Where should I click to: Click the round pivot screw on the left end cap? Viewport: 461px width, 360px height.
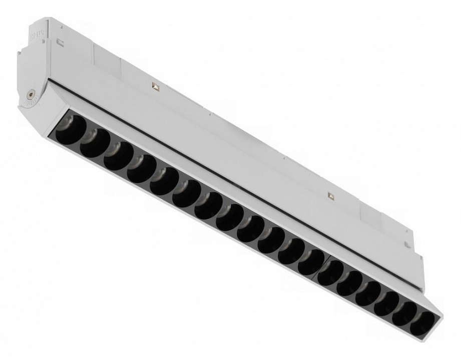pos(31,94)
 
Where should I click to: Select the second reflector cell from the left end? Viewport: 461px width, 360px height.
pos(94,141)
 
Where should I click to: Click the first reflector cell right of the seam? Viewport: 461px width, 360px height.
pos(330,273)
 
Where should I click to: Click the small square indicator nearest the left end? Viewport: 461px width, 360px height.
pos(156,87)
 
